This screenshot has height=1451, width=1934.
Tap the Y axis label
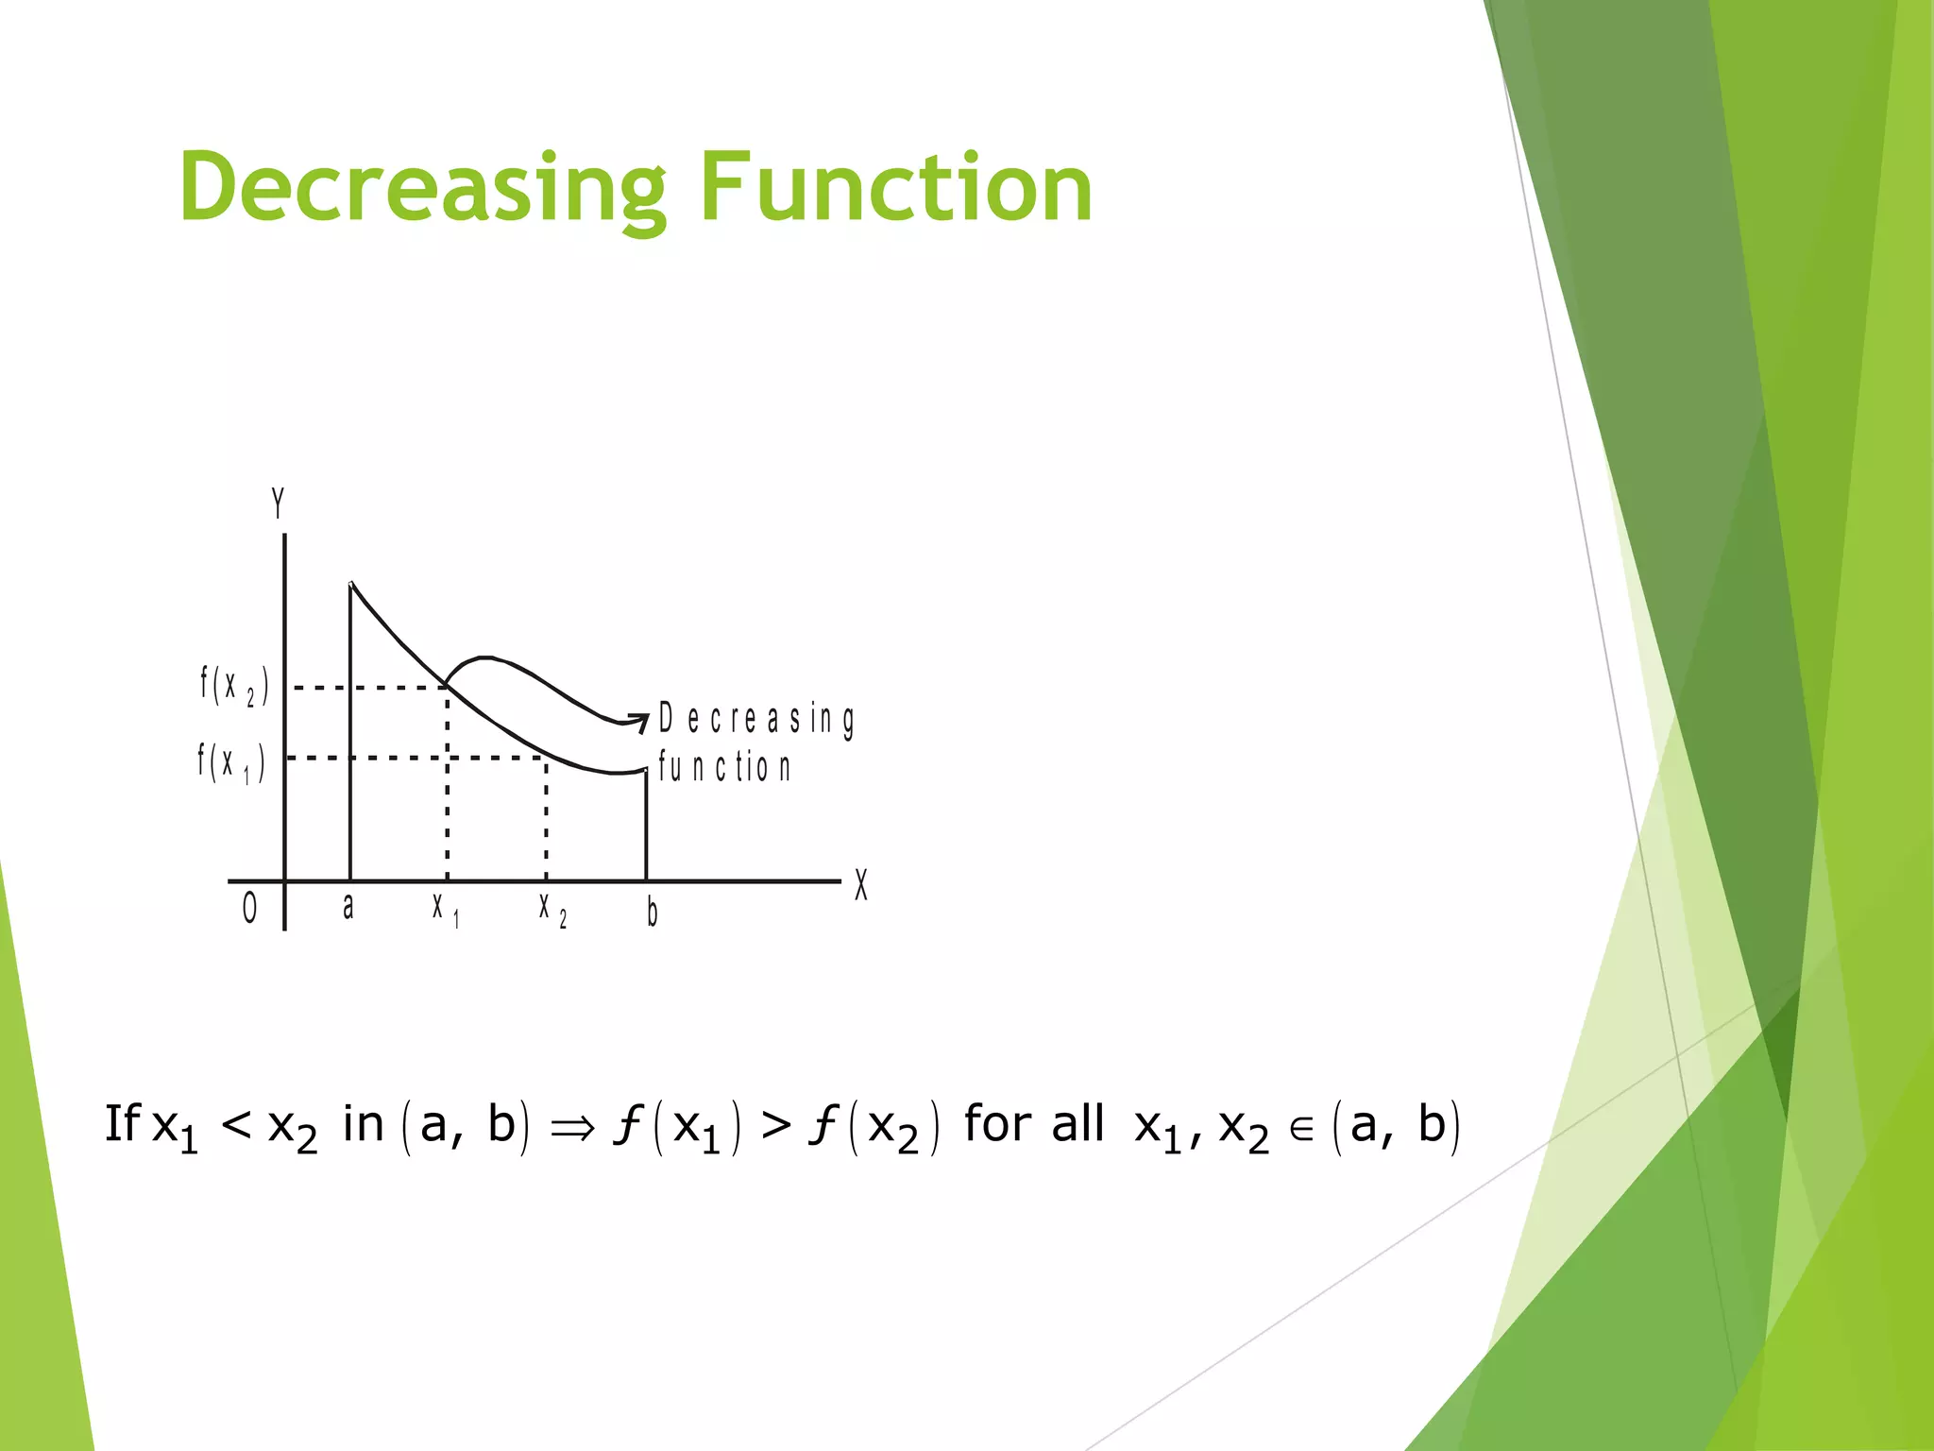pyautogui.click(x=278, y=503)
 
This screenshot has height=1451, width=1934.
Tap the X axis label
pyautogui.click(x=860, y=885)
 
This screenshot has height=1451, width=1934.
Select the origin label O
pyautogui.click(x=249, y=908)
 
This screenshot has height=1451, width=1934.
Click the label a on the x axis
pyautogui.click(x=348, y=906)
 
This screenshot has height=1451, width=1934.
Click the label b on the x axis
pyautogui.click(x=652, y=912)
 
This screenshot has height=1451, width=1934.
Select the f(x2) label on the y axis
pyautogui.click(x=234, y=686)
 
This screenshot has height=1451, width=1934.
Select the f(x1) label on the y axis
pyautogui.click(x=231, y=761)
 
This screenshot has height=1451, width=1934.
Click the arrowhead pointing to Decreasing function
pyautogui.click(x=639, y=721)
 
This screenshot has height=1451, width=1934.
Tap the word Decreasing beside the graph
pyautogui.click(x=755, y=720)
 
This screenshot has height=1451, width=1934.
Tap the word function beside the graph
pyautogui.click(x=724, y=767)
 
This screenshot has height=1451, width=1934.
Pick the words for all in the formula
pyautogui.click(x=1033, y=1124)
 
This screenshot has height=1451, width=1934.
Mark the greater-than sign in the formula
pyautogui.click(x=776, y=1124)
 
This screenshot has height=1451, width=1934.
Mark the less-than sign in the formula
pyautogui.click(x=235, y=1124)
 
